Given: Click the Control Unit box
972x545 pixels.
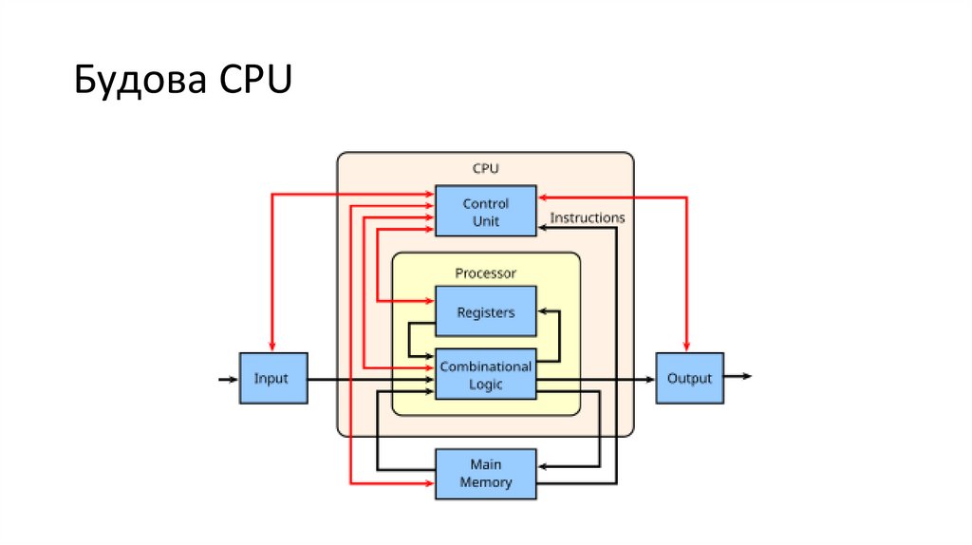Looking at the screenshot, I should click(485, 211).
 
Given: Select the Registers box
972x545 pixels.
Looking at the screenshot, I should click(485, 312).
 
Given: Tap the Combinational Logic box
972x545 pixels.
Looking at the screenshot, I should click(485, 375).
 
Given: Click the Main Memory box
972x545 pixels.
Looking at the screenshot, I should click(485, 473).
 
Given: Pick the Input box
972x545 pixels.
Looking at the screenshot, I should click(271, 378).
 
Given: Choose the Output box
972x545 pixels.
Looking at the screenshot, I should click(689, 378).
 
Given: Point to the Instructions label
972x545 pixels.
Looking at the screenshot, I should click(588, 217).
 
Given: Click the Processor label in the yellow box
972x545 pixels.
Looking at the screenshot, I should click(485, 272).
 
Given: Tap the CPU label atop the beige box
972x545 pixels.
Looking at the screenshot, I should click(485, 168).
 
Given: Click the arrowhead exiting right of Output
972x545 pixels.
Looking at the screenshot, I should click(747, 377).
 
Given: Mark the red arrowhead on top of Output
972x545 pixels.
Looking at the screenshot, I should click(688, 346).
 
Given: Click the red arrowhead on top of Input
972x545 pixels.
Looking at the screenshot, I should click(271, 346).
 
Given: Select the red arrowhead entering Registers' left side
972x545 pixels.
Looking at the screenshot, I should click(429, 302).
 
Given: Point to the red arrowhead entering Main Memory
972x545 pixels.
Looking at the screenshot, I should click(429, 483).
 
